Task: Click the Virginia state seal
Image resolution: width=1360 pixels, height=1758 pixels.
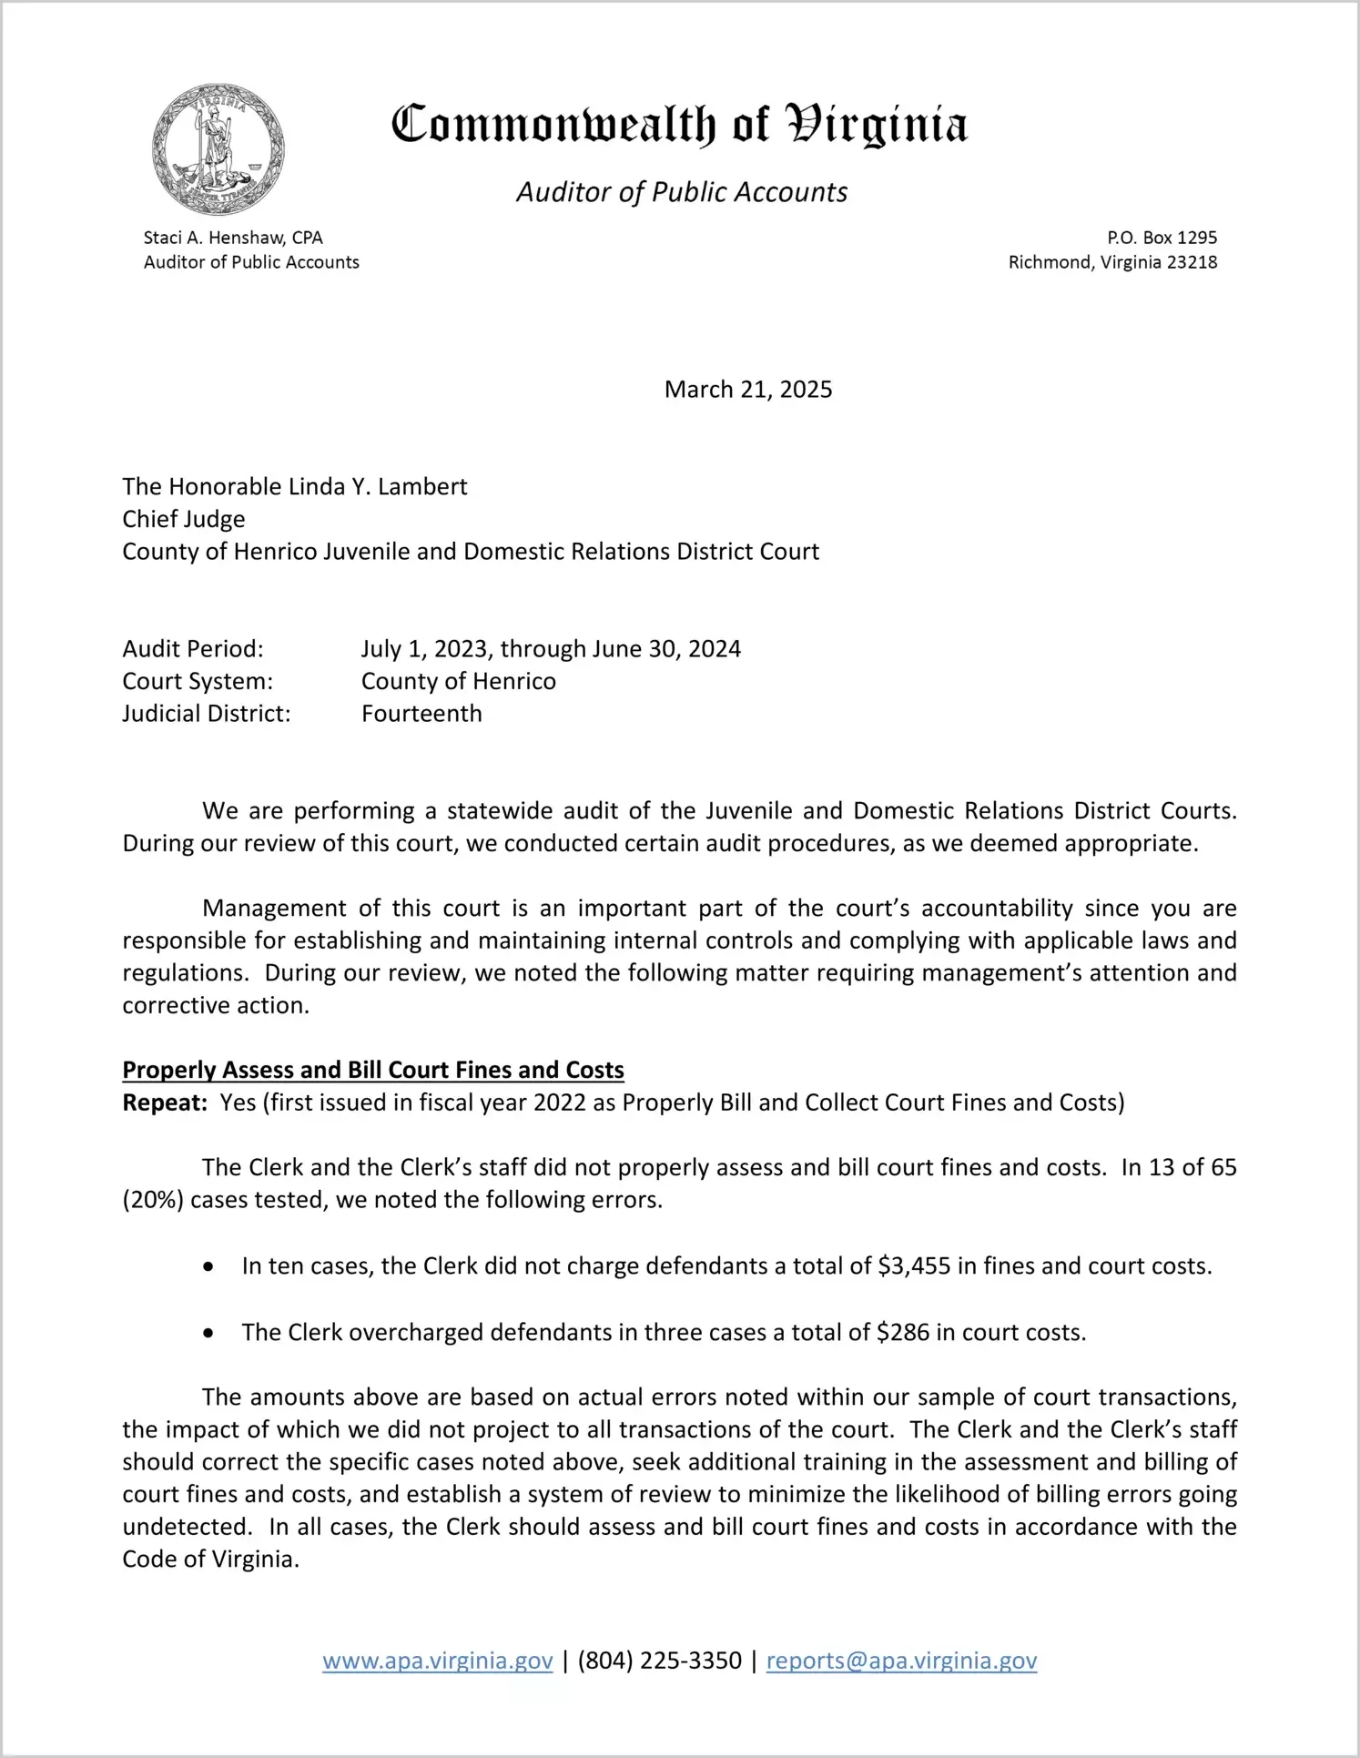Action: (x=218, y=150)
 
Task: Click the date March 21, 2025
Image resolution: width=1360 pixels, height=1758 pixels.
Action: (x=748, y=390)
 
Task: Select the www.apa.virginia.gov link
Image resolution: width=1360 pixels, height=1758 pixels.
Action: (x=438, y=1661)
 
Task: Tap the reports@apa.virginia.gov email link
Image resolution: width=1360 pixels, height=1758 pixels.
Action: (x=901, y=1661)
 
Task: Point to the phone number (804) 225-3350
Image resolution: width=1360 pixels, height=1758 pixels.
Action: (x=659, y=1661)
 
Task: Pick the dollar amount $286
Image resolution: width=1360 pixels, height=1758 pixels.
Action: (x=903, y=1333)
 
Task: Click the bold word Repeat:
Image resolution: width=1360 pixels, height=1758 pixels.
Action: (x=165, y=1103)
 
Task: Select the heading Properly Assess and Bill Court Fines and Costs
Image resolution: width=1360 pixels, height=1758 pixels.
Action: (x=373, y=1070)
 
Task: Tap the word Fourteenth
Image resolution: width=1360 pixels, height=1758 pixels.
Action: (x=421, y=714)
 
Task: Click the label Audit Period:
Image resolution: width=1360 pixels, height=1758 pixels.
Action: (x=193, y=649)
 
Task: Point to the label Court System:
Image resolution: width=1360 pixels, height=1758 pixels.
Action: (x=198, y=682)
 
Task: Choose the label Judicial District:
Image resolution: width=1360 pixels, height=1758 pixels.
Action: (x=207, y=714)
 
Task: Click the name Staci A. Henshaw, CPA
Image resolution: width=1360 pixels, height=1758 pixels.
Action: (x=233, y=238)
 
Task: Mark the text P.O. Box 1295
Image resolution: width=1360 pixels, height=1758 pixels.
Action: (x=1162, y=238)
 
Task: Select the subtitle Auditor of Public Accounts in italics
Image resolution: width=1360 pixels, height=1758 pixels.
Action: (x=682, y=192)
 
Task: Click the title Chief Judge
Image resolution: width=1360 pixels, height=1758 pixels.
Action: (x=184, y=519)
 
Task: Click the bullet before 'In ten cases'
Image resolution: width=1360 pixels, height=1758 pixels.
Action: (x=209, y=1267)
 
